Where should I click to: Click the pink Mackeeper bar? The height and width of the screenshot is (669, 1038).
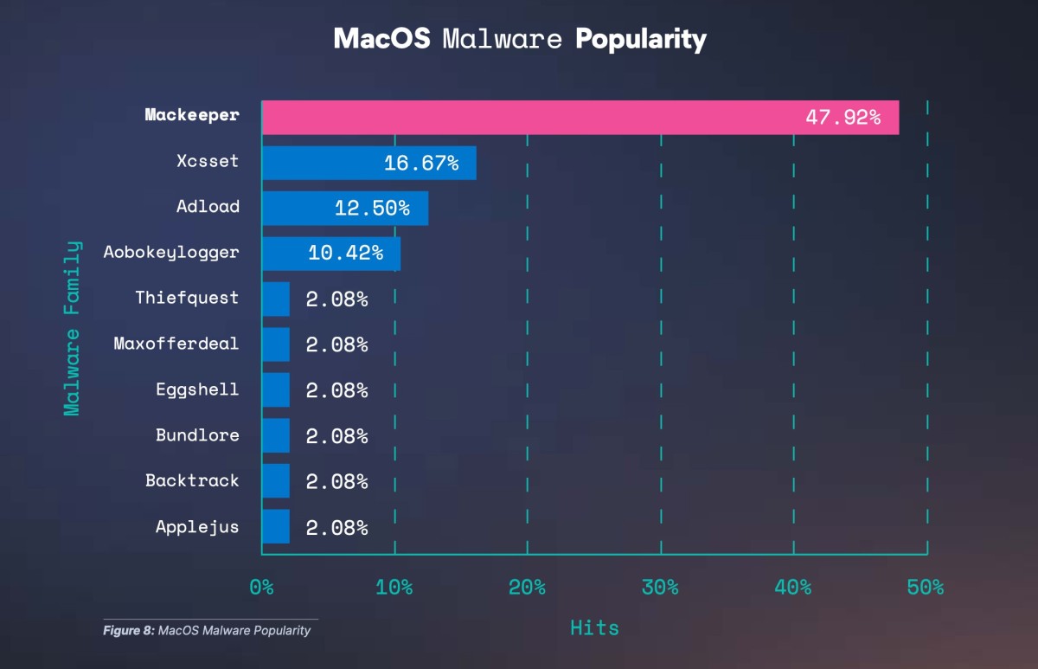(580, 117)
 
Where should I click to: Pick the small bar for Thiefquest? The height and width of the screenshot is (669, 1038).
(276, 299)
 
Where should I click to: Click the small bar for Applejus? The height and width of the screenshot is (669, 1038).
(276, 526)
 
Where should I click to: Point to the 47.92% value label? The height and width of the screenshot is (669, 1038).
(843, 118)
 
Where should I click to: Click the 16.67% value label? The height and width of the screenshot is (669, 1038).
(421, 163)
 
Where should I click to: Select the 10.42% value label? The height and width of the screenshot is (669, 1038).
(345, 253)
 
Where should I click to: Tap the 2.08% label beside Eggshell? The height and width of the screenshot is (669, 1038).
(336, 389)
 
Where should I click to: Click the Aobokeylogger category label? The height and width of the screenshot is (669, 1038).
(171, 253)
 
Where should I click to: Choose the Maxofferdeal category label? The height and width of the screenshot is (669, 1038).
(176, 344)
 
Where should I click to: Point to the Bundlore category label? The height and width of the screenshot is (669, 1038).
(197, 434)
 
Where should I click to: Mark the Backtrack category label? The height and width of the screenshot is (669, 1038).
(192, 480)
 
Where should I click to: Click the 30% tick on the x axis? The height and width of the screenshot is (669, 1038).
(660, 588)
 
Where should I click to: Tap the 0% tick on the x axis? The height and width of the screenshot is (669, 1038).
(261, 588)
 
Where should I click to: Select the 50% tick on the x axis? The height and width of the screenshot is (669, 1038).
(926, 588)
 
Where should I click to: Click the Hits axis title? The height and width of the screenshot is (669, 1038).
(594, 628)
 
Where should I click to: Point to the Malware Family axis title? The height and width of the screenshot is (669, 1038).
(73, 328)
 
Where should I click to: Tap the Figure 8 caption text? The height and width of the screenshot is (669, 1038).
(207, 630)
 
